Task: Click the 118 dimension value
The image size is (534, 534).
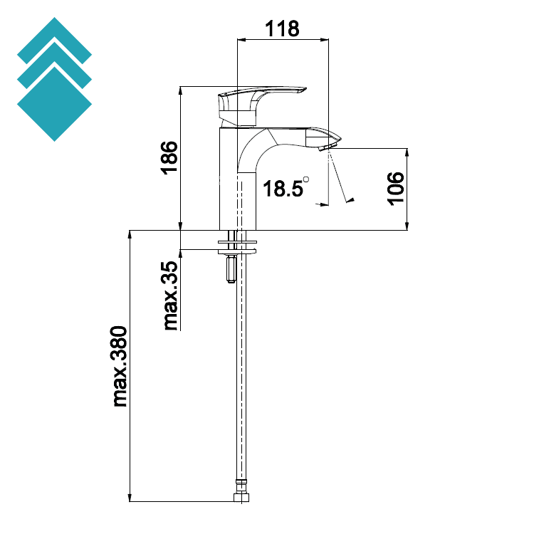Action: [283, 28]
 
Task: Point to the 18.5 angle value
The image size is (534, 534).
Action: [282, 189]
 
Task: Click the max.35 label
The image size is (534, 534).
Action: [171, 295]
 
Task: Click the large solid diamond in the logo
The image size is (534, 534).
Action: [54, 103]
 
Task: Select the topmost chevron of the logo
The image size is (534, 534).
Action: [54, 36]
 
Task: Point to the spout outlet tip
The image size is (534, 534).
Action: [328, 146]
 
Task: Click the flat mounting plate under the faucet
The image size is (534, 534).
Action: [238, 248]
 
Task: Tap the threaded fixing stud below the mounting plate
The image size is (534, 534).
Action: [230, 268]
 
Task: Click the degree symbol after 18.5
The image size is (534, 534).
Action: [306, 179]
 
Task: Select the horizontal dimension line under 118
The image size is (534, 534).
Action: [283, 40]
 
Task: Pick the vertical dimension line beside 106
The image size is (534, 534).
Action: [407, 189]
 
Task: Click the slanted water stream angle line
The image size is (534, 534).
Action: [340, 178]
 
